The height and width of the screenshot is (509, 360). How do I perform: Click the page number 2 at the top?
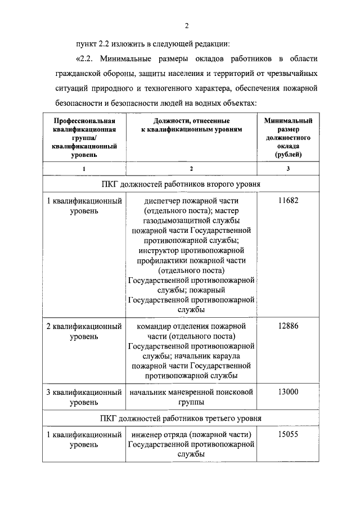tap(186, 25)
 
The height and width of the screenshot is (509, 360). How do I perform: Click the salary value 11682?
tap(287, 201)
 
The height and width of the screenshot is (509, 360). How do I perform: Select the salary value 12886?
tap(287, 326)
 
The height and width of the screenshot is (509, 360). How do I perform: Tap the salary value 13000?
tap(287, 391)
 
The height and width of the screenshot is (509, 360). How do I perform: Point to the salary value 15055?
tap(287, 434)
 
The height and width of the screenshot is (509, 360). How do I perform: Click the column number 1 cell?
tap(84, 169)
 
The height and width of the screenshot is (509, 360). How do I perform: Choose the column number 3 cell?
tap(287, 169)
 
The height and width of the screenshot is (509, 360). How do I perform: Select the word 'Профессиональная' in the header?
tap(84, 121)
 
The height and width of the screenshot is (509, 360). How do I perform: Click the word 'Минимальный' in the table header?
tap(287, 121)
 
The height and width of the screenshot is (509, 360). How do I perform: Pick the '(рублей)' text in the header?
tap(287, 153)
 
